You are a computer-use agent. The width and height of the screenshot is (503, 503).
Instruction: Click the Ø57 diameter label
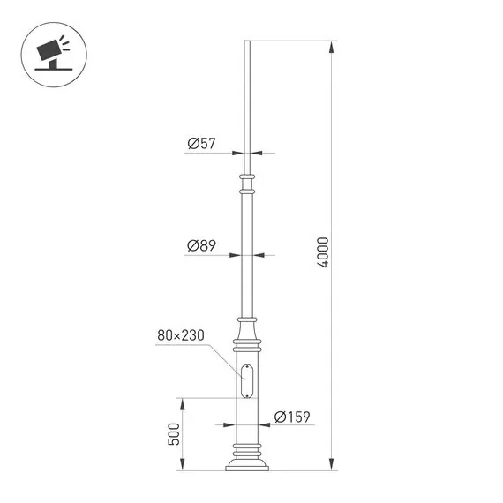201,144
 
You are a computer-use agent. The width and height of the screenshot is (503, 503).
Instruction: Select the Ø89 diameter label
201,246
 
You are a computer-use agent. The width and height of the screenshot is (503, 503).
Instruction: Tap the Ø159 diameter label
291,417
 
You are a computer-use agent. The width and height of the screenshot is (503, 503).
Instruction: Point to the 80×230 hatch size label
181,335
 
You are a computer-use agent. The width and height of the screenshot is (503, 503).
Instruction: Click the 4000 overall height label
323,253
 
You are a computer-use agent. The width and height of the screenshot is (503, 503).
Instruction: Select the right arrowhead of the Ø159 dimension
265,426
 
